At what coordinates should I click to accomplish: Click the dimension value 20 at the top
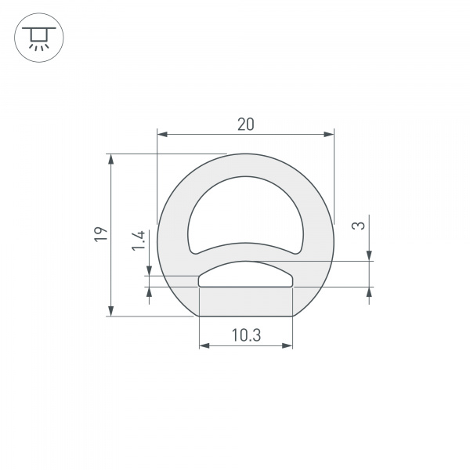pyautogui.click(x=246, y=124)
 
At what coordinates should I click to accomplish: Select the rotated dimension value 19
pyautogui.click(x=99, y=234)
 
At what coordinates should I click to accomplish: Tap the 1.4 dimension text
pyautogui.click(x=139, y=240)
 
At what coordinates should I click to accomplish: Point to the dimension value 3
pyautogui.click(x=359, y=226)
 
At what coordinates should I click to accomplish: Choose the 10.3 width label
pyautogui.click(x=246, y=335)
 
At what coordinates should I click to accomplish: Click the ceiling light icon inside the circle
pyautogui.click(x=38, y=38)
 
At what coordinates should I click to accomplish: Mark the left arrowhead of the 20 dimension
pyautogui.click(x=162, y=135)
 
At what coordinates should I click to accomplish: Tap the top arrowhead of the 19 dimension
pyautogui.click(x=111, y=159)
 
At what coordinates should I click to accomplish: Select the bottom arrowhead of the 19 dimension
pyautogui.click(x=111, y=311)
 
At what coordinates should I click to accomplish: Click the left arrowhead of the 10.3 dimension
pyautogui.click(x=204, y=345)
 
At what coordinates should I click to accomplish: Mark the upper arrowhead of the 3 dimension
pyautogui.click(x=369, y=255)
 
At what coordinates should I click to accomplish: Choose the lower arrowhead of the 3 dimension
pyautogui.click(x=369, y=292)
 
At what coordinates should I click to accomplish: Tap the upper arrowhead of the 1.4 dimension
pyautogui.click(x=149, y=270)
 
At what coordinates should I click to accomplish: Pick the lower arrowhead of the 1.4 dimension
pyautogui.click(x=149, y=292)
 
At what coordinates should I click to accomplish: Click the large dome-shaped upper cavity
pyautogui.click(x=246, y=211)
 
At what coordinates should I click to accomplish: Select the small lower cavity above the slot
pyautogui.click(x=246, y=275)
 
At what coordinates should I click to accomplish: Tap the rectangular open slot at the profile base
pyautogui.click(x=246, y=302)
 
